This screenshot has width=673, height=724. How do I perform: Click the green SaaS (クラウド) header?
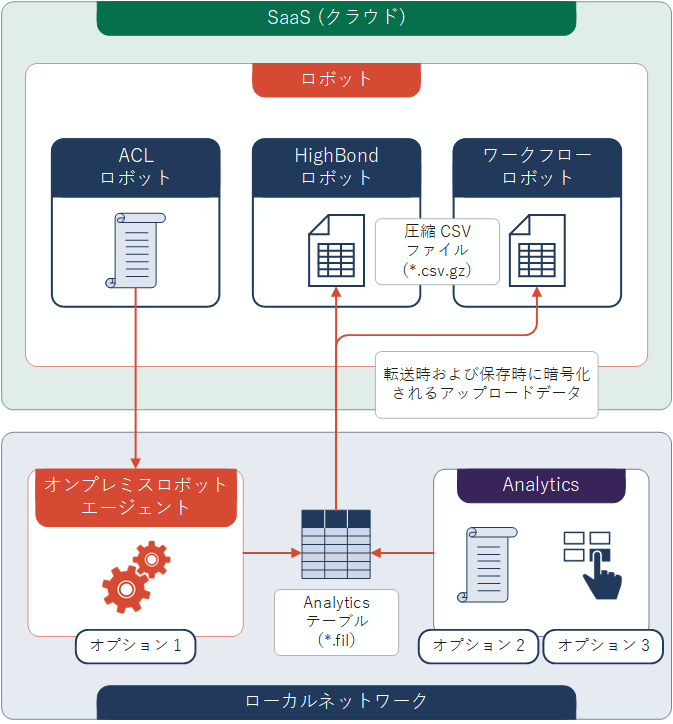click(336, 18)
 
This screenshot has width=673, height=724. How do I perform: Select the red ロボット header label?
click(336, 79)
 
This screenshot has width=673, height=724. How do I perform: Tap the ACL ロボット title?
click(136, 166)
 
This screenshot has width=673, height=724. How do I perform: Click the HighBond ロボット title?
click(336, 166)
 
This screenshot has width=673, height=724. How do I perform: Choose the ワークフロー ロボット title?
click(537, 166)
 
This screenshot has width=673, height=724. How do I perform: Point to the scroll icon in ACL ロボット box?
click(136, 250)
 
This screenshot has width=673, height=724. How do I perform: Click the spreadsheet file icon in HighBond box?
click(335, 250)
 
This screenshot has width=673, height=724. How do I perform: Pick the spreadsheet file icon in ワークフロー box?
click(537, 250)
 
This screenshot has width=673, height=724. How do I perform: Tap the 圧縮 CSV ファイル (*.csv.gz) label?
click(437, 251)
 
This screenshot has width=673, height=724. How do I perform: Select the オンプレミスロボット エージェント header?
click(135, 496)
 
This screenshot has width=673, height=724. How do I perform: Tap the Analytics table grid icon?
click(336, 544)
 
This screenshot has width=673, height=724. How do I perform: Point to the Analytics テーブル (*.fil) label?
click(336, 621)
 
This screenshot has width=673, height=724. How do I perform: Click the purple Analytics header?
click(541, 485)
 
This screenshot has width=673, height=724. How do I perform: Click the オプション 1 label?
click(136, 646)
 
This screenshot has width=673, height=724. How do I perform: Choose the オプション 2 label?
click(479, 646)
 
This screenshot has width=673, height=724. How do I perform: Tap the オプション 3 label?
click(604, 646)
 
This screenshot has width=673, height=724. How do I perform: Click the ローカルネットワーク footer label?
click(336, 701)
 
